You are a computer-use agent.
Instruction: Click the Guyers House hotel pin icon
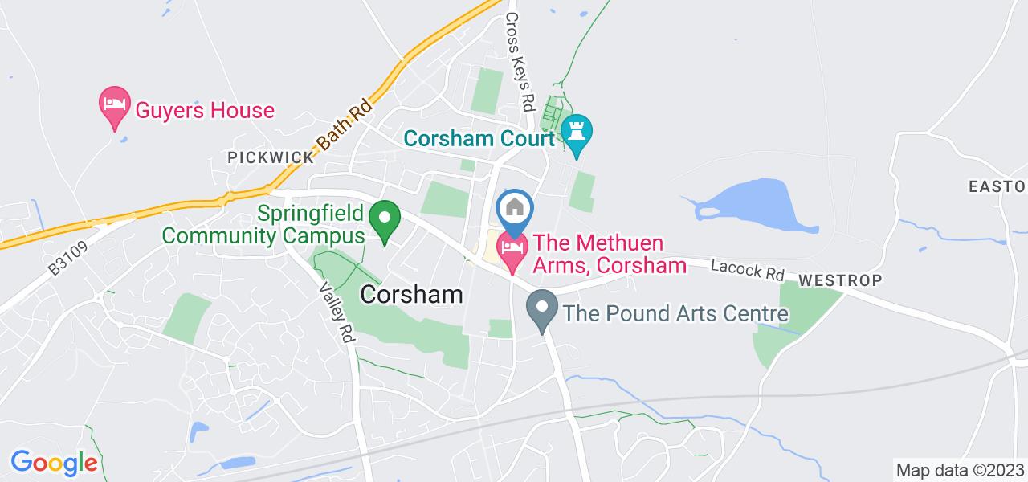114,104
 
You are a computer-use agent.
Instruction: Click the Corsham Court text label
479,138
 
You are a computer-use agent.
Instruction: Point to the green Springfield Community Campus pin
385,219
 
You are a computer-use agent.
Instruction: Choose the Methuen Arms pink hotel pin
512,248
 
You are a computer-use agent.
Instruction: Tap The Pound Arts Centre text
675,312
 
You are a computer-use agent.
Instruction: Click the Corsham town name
412,294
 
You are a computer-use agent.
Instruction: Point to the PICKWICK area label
271,157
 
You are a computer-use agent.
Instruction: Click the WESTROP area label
841,280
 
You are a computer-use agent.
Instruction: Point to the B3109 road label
67,256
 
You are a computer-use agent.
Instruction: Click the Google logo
54,462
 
